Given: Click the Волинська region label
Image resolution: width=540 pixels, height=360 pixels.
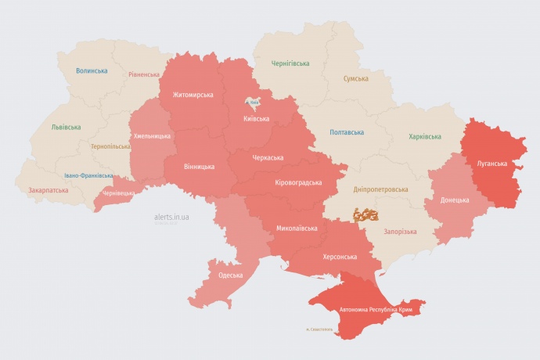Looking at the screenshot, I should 92,71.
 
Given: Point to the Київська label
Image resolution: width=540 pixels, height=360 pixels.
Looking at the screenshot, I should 256,119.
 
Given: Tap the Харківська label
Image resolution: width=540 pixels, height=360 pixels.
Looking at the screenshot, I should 425,137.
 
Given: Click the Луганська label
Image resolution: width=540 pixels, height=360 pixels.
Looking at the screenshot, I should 492,164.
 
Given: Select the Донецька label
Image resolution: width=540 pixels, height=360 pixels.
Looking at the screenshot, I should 455,200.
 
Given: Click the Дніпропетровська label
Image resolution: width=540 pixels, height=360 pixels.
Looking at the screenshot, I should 381,189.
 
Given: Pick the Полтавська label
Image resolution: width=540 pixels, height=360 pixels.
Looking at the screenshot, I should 346,132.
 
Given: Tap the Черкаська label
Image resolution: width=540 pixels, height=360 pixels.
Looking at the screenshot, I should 268,158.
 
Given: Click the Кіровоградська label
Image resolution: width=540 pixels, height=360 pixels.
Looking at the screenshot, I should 299,182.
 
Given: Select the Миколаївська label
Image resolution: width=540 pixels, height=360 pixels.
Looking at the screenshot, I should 297,229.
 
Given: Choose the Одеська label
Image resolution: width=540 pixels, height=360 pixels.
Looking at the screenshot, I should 231,275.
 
